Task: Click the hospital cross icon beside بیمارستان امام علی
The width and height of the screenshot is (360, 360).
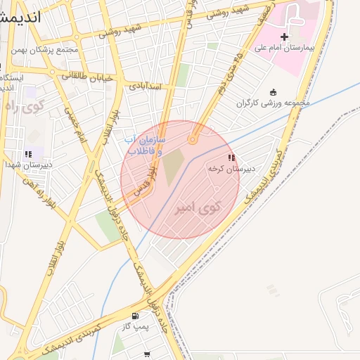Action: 284,37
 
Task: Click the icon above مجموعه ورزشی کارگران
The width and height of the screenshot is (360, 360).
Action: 274,92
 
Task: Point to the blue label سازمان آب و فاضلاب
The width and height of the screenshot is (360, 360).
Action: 145,146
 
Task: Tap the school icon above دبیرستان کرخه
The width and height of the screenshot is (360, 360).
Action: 231,158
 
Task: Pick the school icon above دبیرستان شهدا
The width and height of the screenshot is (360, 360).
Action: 28,153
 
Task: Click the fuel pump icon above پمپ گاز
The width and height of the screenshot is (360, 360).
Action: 135,316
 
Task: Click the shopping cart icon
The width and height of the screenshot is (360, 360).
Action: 147,354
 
